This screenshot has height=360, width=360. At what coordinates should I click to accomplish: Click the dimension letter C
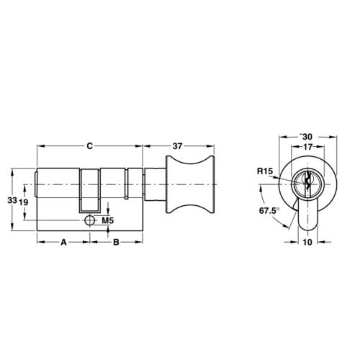[89, 146]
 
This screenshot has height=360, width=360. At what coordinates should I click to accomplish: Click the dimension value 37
[177, 146]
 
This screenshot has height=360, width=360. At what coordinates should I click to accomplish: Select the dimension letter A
[63, 243]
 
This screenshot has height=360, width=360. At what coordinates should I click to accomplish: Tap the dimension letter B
[116, 243]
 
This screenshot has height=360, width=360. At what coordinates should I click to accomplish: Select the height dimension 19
[23, 203]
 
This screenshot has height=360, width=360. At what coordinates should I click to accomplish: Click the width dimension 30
[307, 137]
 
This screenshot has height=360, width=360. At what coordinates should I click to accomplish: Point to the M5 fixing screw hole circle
[89, 220]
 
